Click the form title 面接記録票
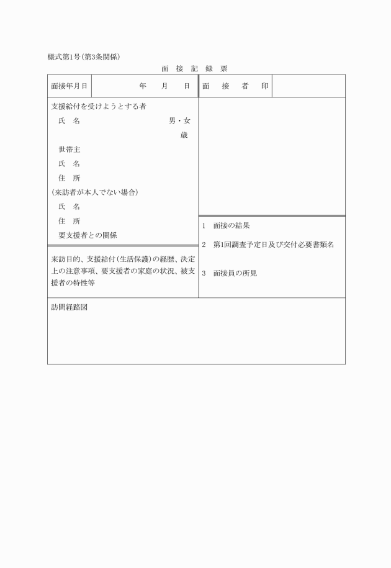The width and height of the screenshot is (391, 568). coord(194,68)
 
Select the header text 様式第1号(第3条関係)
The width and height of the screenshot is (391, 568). coord(84,56)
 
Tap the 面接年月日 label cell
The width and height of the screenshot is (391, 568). coord(69,86)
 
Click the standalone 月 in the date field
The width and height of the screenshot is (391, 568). coord(164,86)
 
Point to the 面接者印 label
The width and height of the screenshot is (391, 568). coord(235,86)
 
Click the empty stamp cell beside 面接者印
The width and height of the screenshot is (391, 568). coord(308,86)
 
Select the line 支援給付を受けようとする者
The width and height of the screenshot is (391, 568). coord(98,107)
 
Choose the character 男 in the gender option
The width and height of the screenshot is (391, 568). coord(173,121)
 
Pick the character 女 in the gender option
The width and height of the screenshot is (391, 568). coord(186,121)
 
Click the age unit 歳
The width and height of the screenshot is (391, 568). coord(184,135)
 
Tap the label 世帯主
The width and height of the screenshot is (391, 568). coord(70,150)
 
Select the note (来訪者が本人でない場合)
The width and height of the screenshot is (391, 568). coord(94,192)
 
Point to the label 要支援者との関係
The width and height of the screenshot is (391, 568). coord(88,235)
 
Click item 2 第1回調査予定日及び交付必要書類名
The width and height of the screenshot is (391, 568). coord(268,245)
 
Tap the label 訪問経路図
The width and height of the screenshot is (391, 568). coord(69,307)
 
